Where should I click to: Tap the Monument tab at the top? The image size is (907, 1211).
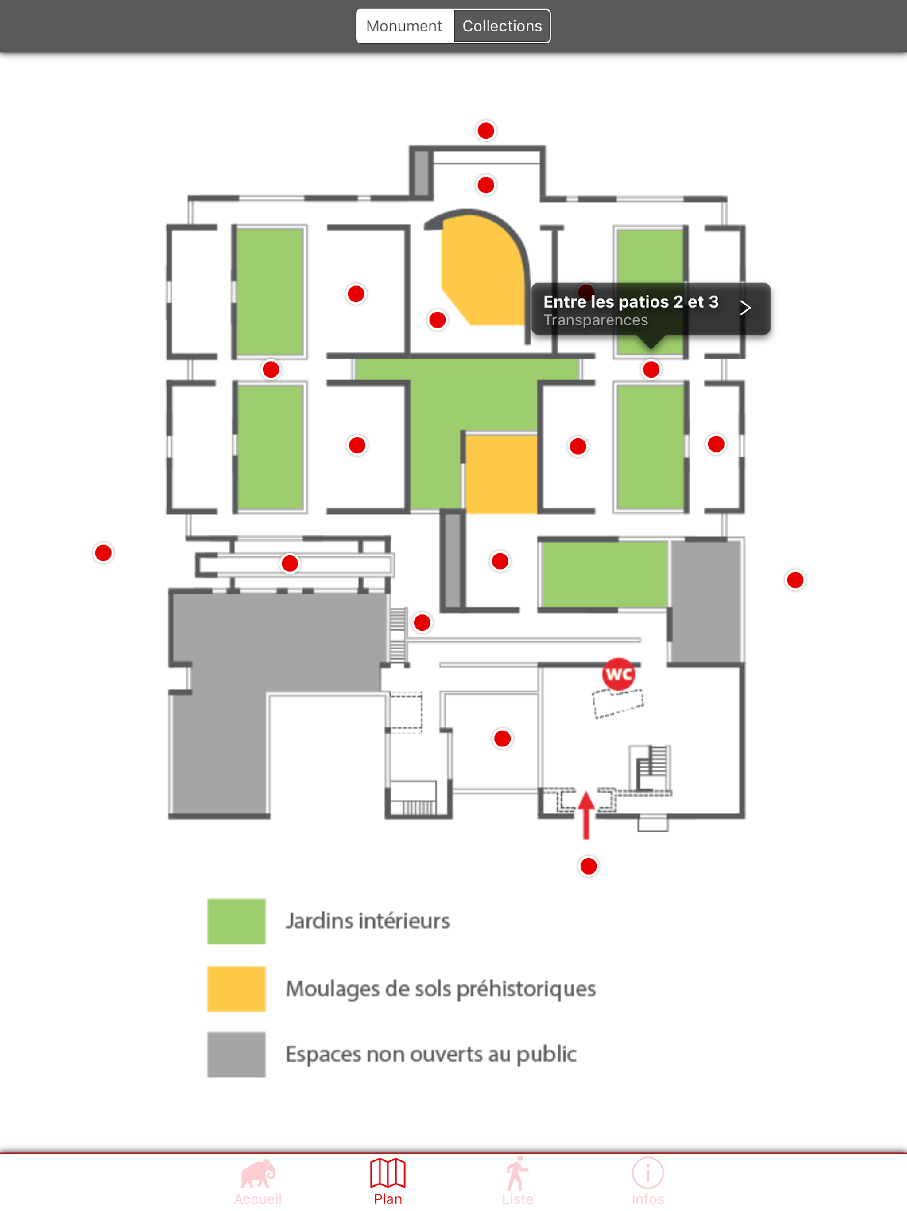[404, 26]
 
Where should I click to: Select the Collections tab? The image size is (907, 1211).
[502, 26]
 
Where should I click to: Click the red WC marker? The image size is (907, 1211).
[618, 674]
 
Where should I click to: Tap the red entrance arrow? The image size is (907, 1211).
[586, 815]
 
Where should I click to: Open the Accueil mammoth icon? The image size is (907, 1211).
[258, 1173]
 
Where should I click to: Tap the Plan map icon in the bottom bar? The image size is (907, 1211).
[388, 1173]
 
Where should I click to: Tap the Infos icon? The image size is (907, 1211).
[648, 1173]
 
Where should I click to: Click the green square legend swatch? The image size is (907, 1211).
[236, 922]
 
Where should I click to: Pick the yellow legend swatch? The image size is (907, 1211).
[236, 989]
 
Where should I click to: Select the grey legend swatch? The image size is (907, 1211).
[236, 1055]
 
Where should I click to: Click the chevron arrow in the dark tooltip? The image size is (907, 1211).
[745, 308]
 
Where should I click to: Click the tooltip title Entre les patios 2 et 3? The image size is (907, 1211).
[631, 302]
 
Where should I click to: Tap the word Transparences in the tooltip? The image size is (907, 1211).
[596, 320]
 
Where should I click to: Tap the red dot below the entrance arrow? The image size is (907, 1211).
[589, 866]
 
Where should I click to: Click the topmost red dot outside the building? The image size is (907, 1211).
[486, 131]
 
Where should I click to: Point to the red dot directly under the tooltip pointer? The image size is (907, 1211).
[651, 370]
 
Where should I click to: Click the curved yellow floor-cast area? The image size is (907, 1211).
[481, 271]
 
